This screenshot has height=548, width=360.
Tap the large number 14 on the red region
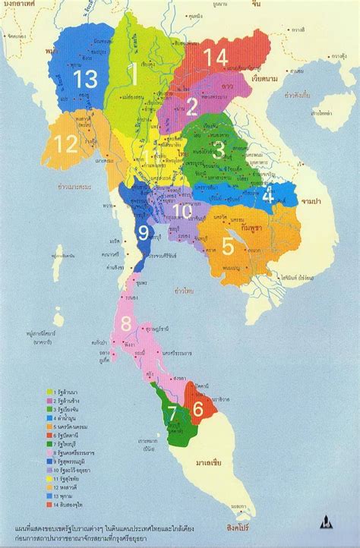tap(216, 58)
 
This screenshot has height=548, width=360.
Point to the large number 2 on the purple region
tap(192, 106)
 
